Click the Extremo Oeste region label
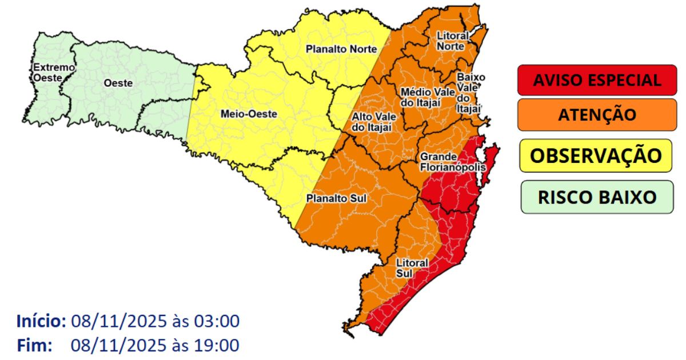(x=46, y=73)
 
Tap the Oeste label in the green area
(x=118, y=83)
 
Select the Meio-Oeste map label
(x=249, y=114)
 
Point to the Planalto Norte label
(x=341, y=49)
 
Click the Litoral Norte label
(x=452, y=41)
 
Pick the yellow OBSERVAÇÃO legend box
(x=596, y=155)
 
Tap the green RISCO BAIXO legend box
(x=596, y=197)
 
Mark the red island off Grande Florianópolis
(x=490, y=163)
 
